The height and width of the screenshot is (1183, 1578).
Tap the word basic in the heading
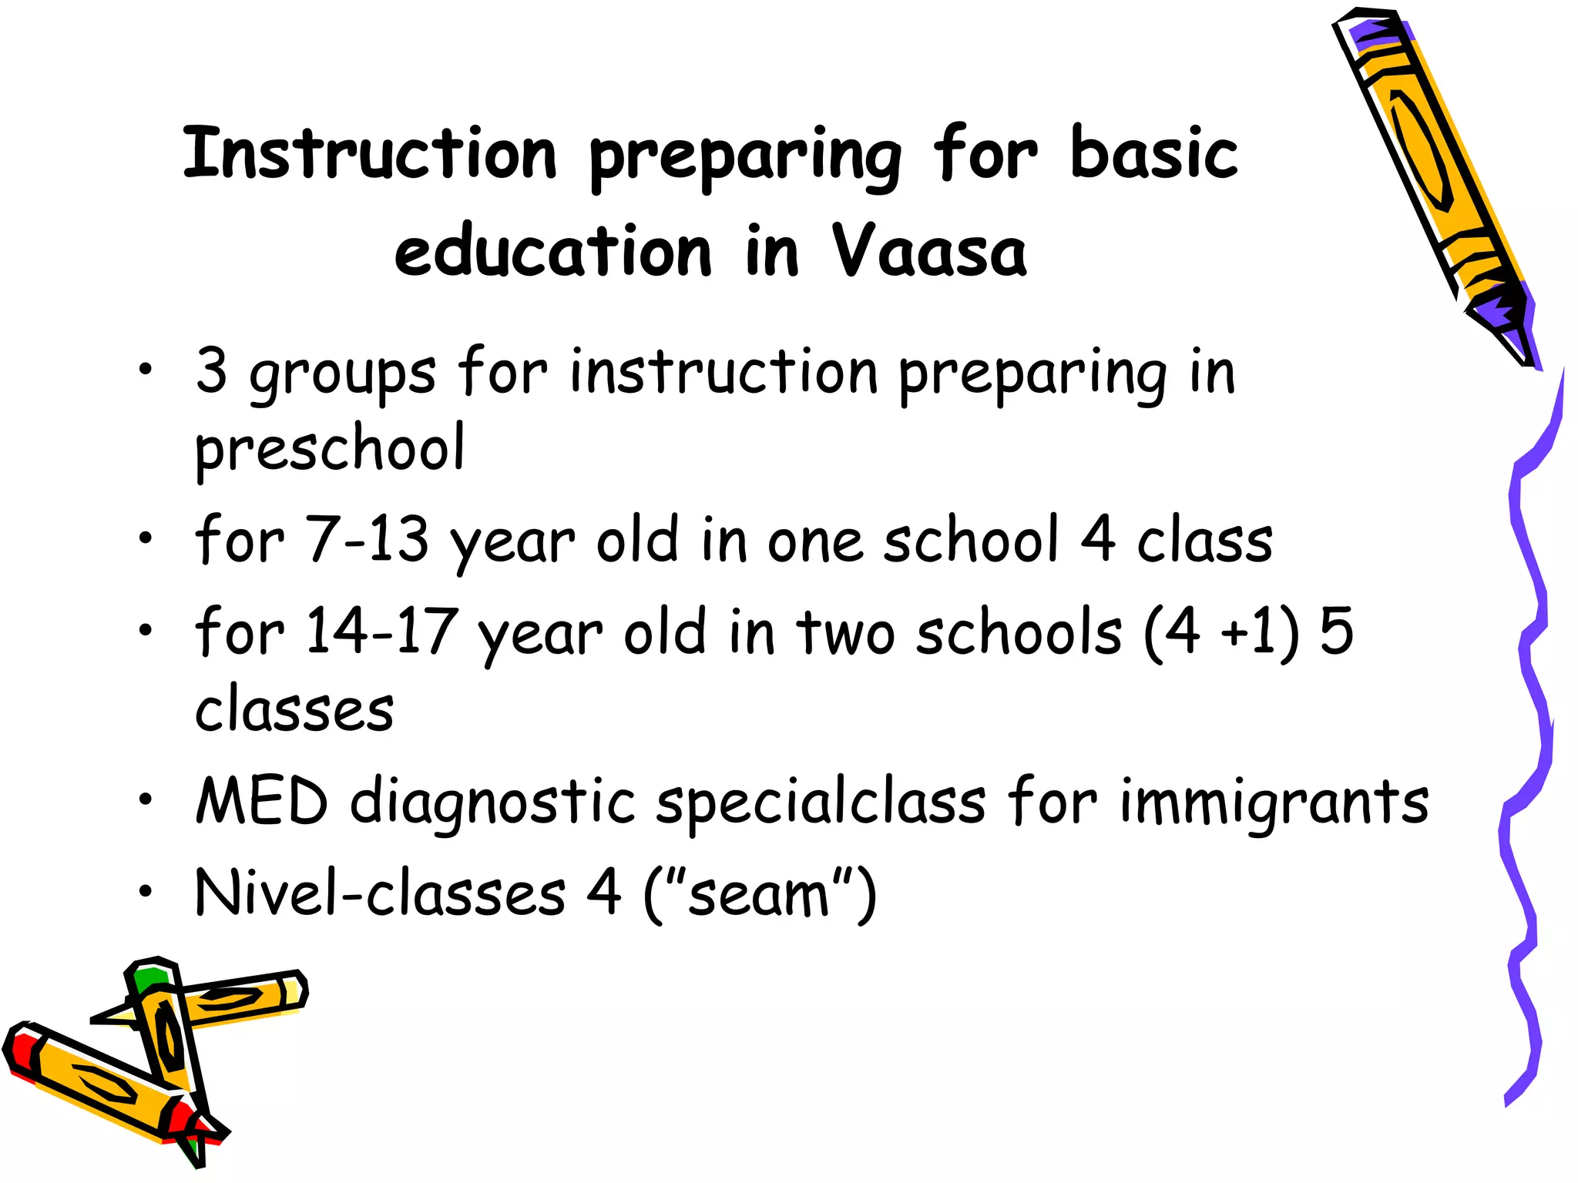[1153, 152]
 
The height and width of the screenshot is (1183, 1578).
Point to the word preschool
[330, 448]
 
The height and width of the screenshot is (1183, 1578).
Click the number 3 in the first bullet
[211, 371]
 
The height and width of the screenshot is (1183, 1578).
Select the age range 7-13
[367, 540]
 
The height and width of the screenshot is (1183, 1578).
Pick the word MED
[262, 802]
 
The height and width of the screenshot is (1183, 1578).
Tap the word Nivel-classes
[381, 893]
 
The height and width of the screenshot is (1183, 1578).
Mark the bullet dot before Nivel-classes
[146, 891]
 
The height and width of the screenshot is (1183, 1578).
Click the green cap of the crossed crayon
[149, 978]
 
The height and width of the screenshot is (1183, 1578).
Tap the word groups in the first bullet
[343, 374]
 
